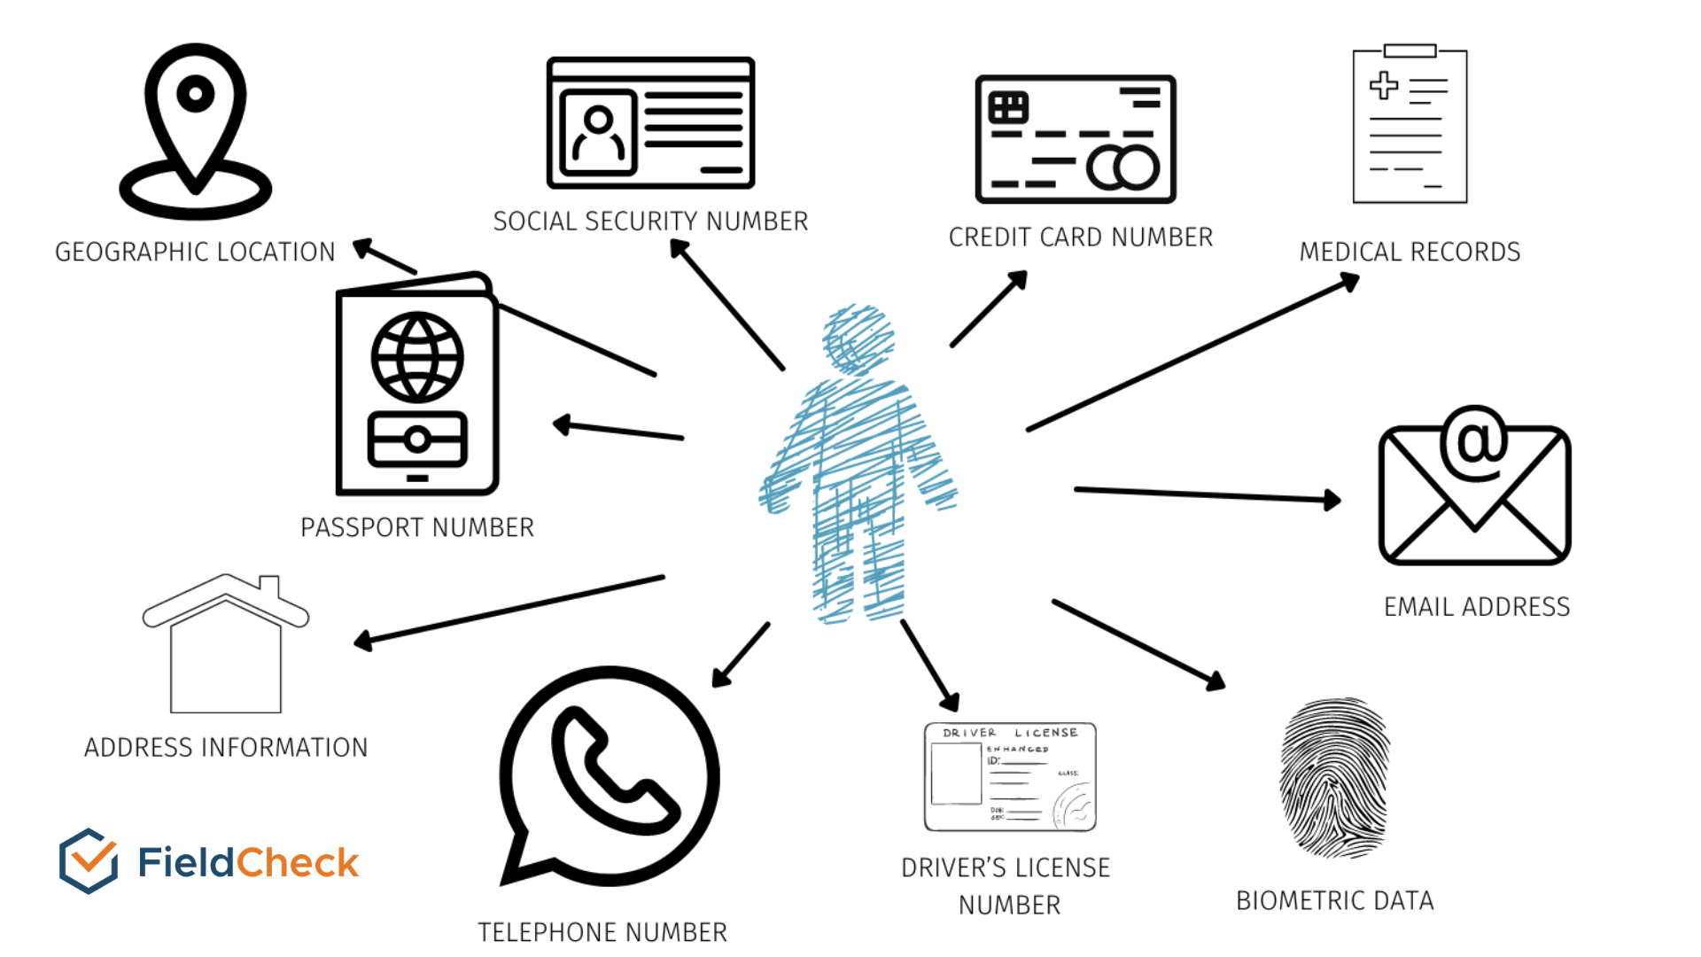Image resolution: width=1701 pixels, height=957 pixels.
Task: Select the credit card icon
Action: tap(1076, 139)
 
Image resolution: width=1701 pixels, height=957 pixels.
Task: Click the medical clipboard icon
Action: tap(1410, 124)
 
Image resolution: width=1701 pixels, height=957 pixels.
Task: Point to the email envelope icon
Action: tap(1474, 486)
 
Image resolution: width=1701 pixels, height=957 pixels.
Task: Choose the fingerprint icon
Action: tap(1334, 777)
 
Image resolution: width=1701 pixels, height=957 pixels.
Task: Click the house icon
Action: tap(226, 643)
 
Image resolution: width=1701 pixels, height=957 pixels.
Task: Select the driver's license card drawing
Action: tap(1010, 777)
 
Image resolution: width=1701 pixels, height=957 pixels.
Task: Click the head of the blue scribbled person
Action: tap(858, 339)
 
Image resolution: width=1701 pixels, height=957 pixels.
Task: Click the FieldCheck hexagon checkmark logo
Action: tap(89, 860)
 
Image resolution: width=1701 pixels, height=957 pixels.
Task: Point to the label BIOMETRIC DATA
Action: tap(1334, 900)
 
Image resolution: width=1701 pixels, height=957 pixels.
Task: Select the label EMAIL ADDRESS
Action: tap(1477, 607)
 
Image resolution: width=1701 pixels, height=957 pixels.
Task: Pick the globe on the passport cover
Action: tap(416, 357)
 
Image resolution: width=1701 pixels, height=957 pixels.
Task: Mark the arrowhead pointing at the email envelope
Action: tap(1332, 501)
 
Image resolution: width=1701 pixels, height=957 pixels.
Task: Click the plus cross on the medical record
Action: tap(1384, 86)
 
